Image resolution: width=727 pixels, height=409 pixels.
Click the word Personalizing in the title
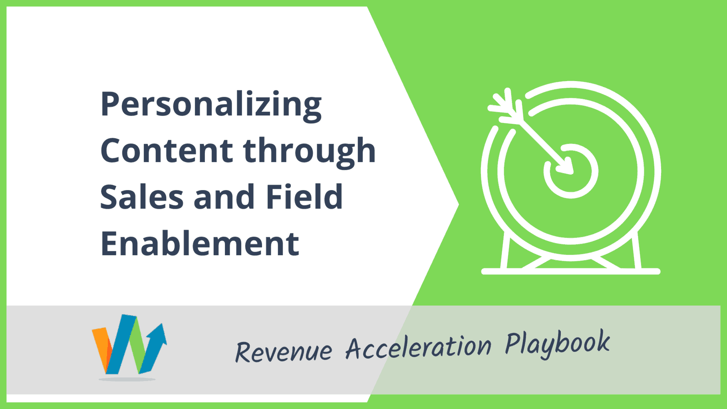point(211,105)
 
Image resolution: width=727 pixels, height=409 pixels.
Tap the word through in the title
point(310,151)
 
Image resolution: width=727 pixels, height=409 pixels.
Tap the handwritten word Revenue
point(284,351)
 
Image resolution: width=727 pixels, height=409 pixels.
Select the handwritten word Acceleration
point(419,347)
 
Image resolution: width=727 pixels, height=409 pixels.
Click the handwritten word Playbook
point(558,343)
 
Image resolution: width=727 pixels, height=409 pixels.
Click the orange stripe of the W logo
point(101,350)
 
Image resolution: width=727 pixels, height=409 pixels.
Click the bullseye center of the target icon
point(571,171)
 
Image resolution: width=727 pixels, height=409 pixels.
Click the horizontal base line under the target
point(571,272)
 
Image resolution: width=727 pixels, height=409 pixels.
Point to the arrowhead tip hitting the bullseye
point(572,173)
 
